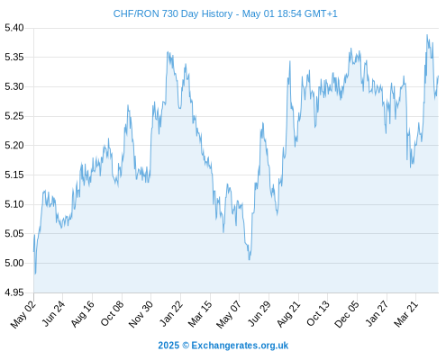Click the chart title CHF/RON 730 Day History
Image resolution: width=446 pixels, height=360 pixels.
point(173,13)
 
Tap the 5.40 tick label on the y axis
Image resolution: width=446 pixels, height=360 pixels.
point(14,28)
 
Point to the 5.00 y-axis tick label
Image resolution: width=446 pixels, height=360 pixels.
point(14,263)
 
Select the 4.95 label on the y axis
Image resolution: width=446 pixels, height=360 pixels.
point(14,292)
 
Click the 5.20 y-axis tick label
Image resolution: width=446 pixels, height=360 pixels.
point(14,146)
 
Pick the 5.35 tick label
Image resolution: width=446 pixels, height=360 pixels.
point(14,57)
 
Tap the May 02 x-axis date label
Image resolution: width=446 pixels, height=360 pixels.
point(23,314)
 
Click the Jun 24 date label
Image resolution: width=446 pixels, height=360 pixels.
point(53,314)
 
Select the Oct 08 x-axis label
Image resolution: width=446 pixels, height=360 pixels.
point(112,314)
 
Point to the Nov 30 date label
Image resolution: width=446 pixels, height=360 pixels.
point(141,314)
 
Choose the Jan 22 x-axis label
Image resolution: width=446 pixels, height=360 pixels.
point(171,314)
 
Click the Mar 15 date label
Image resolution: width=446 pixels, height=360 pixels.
point(200,314)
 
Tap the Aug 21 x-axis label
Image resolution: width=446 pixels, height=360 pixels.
point(288,314)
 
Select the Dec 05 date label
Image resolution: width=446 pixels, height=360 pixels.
point(347,314)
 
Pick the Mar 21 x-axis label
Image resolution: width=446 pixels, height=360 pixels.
point(406,314)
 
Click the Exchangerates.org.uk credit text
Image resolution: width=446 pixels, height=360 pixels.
point(240,346)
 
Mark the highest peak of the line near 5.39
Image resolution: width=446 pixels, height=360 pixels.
point(427,35)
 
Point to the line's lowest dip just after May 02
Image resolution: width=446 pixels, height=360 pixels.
point(35,274)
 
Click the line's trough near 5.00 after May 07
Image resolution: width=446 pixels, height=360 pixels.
point(250,259)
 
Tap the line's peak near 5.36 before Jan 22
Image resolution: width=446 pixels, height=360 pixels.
point(168,52)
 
